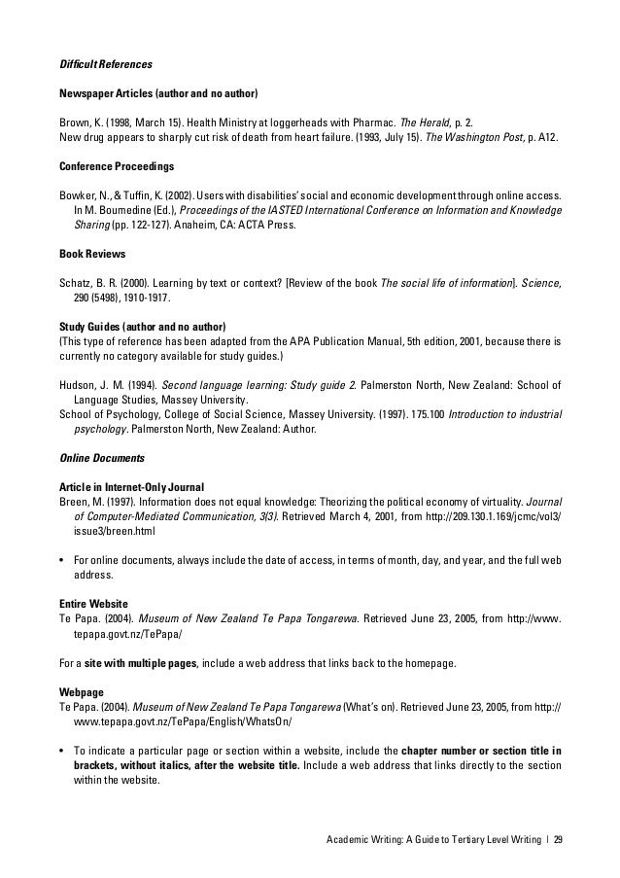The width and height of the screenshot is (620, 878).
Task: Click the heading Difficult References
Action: [104, 64]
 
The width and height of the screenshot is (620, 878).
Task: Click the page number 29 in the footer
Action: [558, 841]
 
